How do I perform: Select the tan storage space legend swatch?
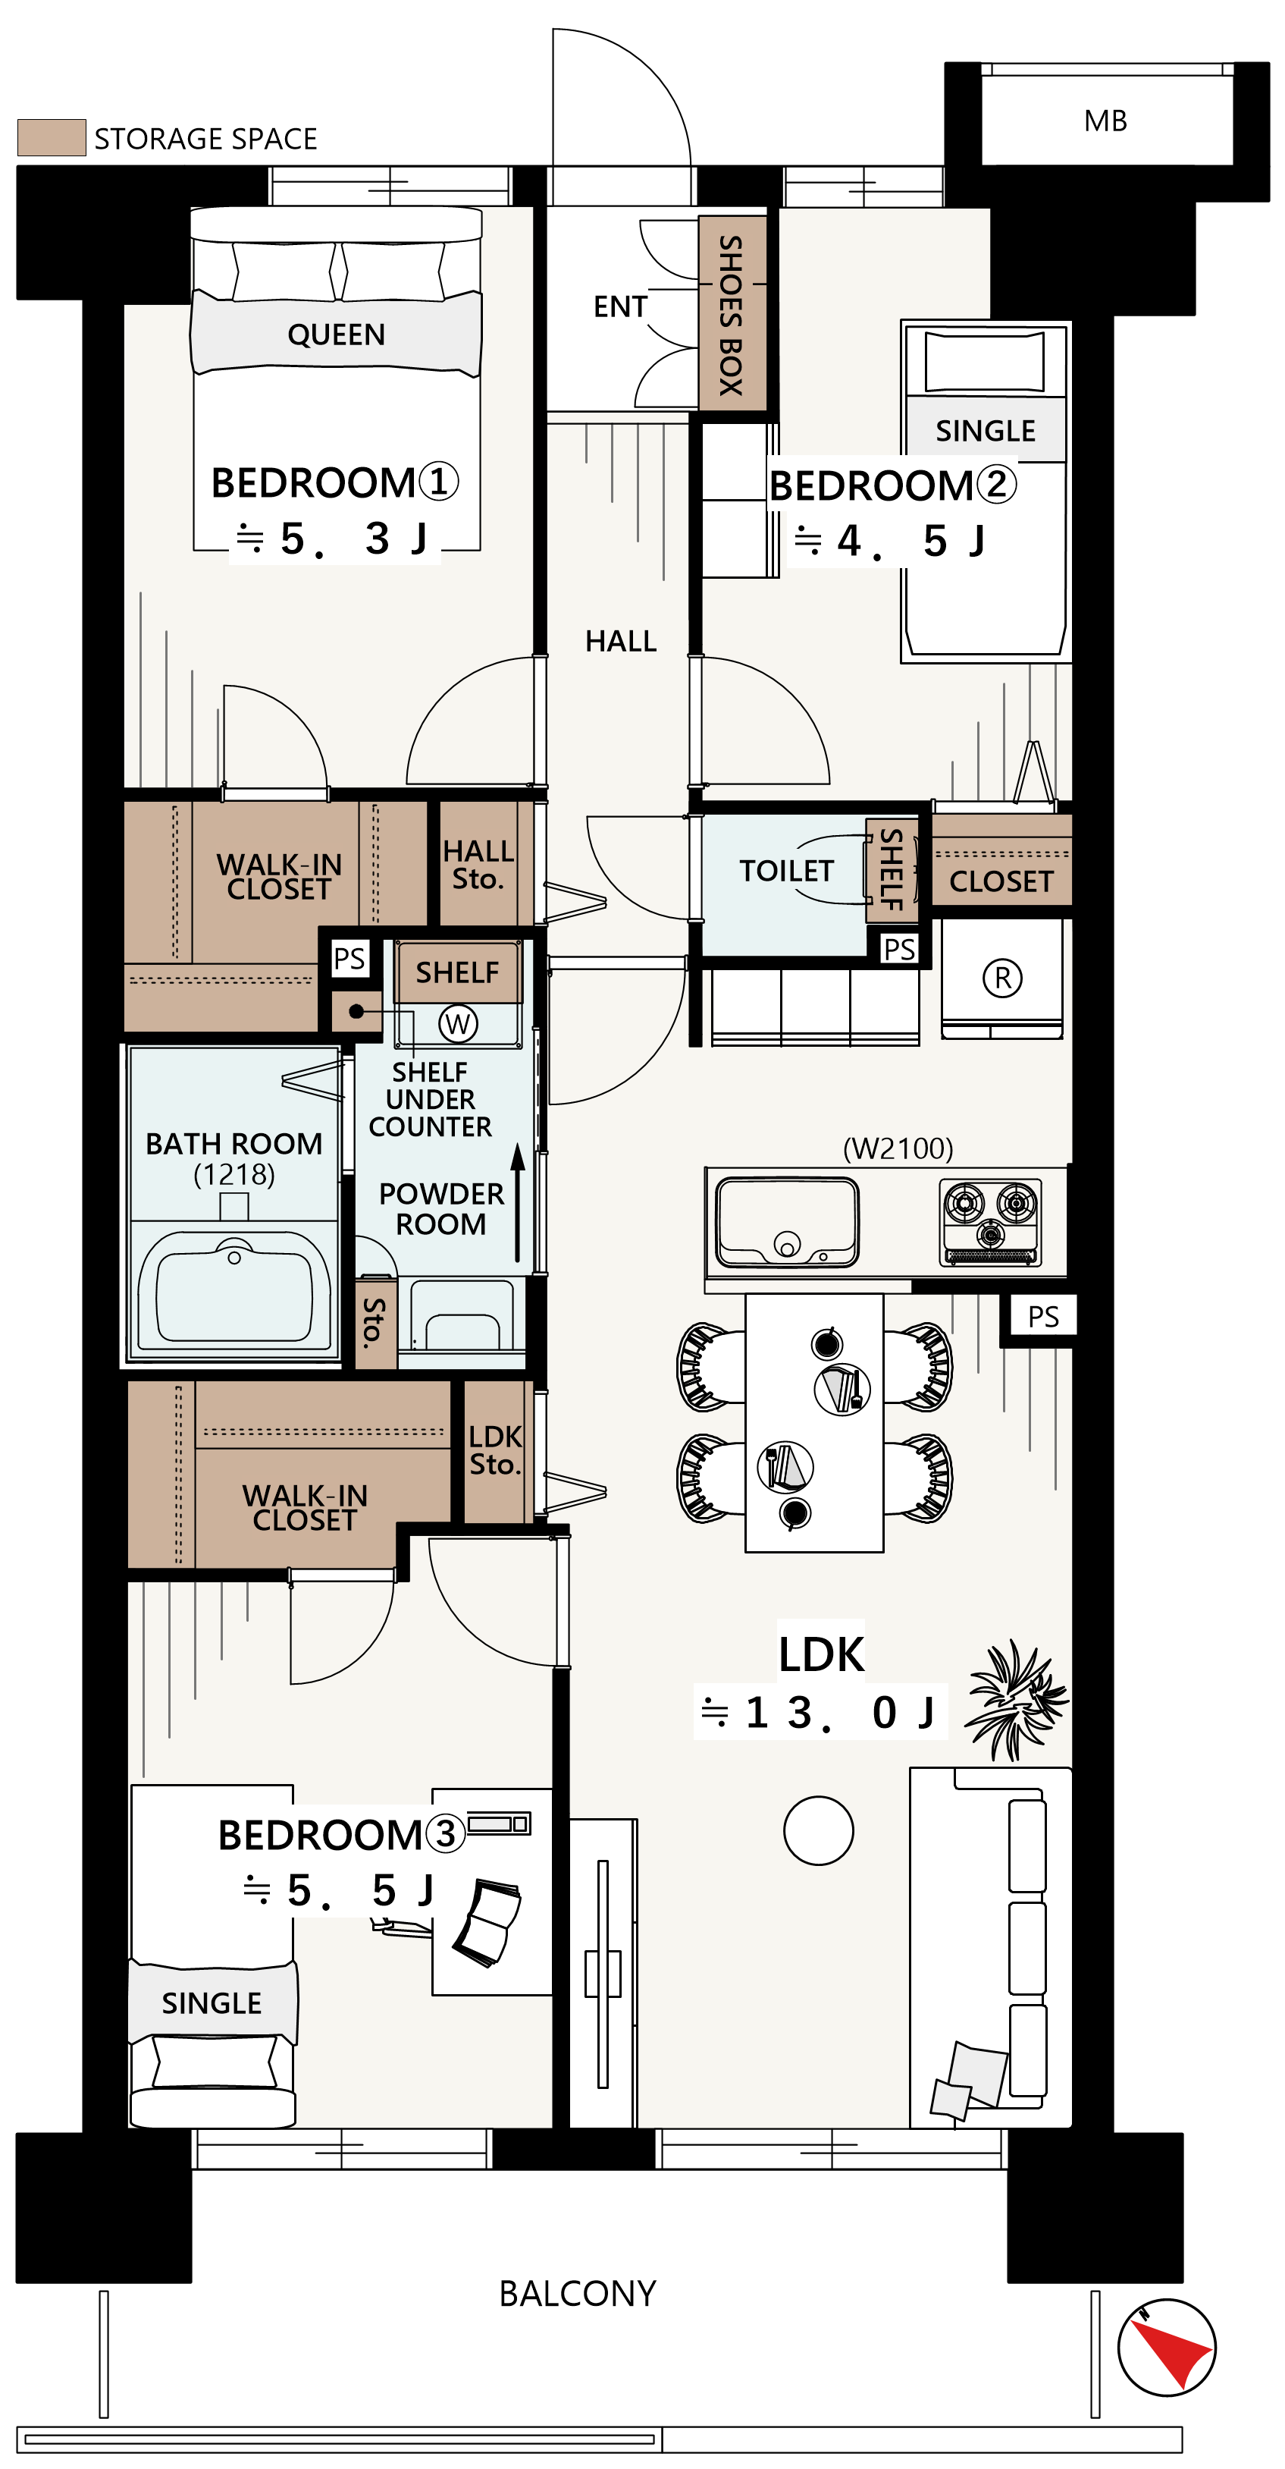[x=52, y=137]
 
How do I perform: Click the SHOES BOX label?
[x=731, y=314]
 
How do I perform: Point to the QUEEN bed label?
[x=337, y=335]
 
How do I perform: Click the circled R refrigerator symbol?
[x=1002, y=978]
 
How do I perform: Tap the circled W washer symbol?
[x=458, y=1024]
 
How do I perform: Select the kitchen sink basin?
[x=788, y=1221]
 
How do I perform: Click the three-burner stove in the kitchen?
[x=991, y=1222]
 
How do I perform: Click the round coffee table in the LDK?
[x=818, y=1830]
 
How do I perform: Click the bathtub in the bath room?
[x=235, y=1293]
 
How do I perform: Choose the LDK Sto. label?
[x=494, y=1450]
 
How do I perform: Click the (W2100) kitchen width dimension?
[x=898, y=1148]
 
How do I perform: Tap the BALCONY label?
[x=578, y=2294]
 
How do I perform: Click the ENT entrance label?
[x=620, y=306]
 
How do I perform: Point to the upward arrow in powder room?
[x=518, y=1203]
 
